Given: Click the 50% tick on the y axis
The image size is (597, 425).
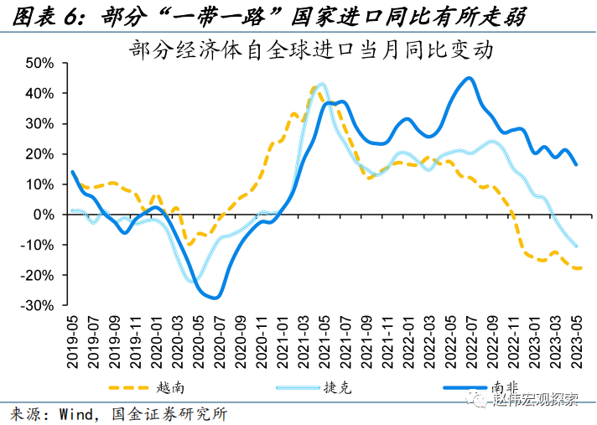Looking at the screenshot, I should tap(39, 63).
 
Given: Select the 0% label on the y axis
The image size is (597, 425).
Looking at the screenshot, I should tap(44, 215).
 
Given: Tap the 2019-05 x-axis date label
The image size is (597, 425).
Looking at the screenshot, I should tap(72, 340).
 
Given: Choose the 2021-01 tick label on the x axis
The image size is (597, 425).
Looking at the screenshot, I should tap(283, 340).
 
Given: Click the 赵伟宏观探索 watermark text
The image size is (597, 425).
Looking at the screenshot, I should tap(537, 400).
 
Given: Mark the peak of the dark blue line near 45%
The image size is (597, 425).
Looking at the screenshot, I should tap(469, 79).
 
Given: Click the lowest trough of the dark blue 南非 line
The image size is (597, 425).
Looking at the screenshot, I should tap(215, 297).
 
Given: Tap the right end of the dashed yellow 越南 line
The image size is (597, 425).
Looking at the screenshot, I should tap(579, 268).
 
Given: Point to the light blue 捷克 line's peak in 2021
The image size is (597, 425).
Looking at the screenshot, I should tap(321, 84).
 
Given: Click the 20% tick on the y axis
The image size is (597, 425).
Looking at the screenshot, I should tap(39, 154).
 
